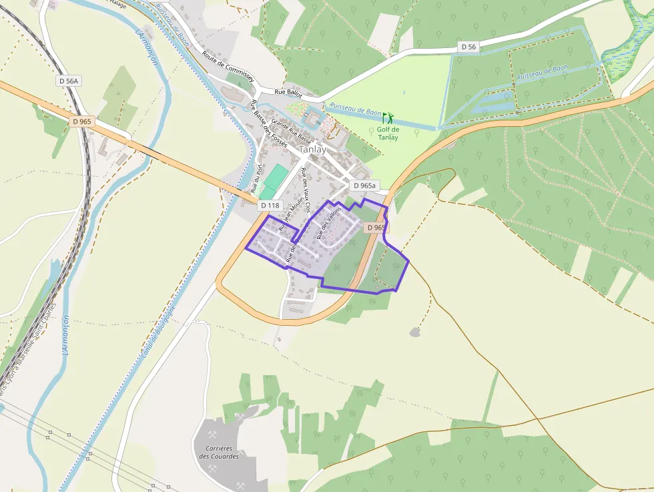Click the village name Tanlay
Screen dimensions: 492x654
click(313, 150)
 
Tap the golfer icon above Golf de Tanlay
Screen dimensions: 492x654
click(388, 118)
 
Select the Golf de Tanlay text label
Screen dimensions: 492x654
click(388, 134)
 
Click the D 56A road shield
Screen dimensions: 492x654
click(67, 81)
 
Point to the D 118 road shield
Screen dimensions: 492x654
click(270, 205)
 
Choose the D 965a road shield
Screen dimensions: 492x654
click(364, 186)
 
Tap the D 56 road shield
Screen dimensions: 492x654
click(469, 47)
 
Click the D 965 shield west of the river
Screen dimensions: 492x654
click(81, 121)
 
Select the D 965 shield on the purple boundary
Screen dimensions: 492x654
click(376, 228)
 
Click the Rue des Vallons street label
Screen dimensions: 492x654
click(329, 222)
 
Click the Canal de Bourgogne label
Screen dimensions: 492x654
click(157, 330)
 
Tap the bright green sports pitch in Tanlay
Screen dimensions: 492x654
click(274, 178)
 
